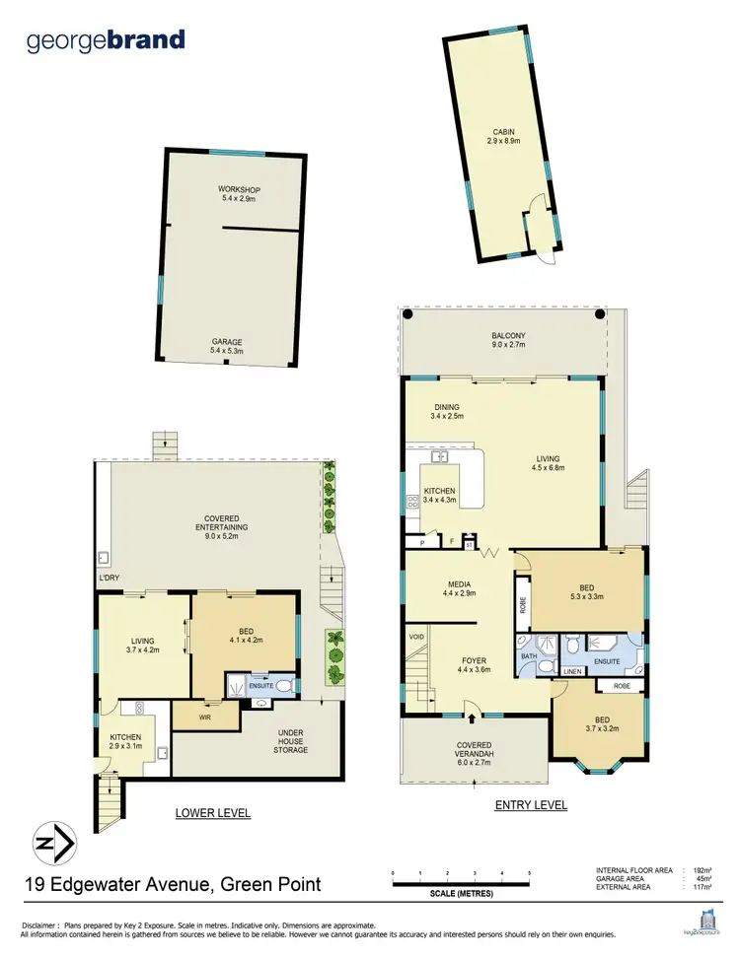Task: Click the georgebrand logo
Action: click(106, 40)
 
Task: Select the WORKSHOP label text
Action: click(239, 189)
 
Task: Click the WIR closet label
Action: click(205, 718)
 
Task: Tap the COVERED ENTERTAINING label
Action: click(225, 523)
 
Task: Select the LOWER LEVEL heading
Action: click(212, 813)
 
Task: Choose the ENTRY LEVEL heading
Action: click(531, 805)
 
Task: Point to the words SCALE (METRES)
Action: click(460, 893)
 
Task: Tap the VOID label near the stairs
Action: click(415, 638)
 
